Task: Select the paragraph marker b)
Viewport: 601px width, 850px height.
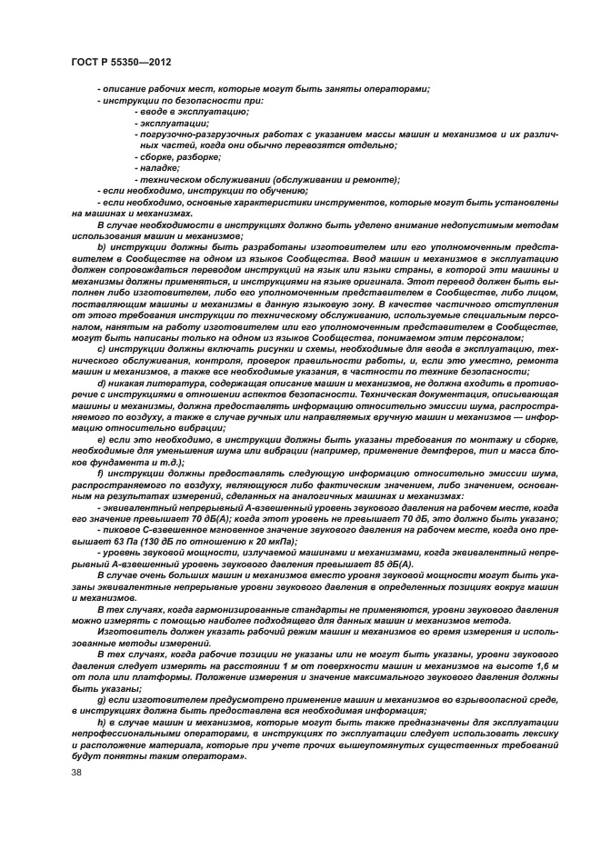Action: [x=101, y=247]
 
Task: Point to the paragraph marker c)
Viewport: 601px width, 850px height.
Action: [x=101, y=348]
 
